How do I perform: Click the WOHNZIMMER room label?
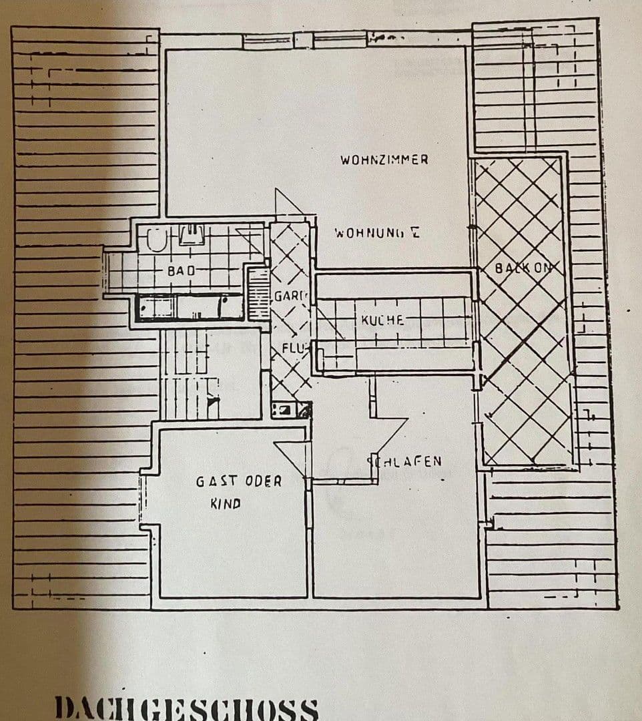coord(384,160)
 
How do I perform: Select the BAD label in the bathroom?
coord(181,271)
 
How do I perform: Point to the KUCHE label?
coord(382,320)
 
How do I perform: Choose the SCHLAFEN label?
coord(404,461)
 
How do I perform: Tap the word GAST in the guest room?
coord(210,481)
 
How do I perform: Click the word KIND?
coord(225,504)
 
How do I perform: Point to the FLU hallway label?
coord(292,348)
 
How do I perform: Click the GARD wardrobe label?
coord(289,296)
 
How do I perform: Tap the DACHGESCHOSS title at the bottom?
coord(186,708)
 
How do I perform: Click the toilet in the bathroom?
coord(156,239)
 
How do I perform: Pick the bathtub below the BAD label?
coord(190,307)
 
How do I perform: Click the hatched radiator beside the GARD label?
coord(258,292)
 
